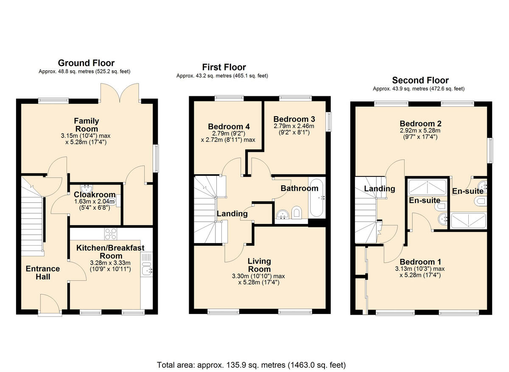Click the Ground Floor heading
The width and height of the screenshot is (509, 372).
tap(86, 63)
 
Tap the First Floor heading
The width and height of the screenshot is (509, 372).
tap(224, 67)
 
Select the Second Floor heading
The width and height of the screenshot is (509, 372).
tap(420, 80)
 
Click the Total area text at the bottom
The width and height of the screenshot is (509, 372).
tap(251, 364)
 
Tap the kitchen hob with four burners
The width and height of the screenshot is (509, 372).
tap(111, 234)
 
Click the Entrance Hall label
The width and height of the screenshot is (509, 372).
tap(43, 273)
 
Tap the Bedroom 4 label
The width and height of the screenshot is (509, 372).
tap(229, 126)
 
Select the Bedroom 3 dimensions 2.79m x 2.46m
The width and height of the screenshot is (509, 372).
tap(294, 126)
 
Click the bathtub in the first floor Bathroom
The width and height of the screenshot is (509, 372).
tap(314, 198)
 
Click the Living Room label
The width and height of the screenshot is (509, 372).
tap(259, 265)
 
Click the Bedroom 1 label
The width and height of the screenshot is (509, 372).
tap(417, 262)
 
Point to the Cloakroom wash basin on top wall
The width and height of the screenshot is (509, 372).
tap(88, 187)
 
